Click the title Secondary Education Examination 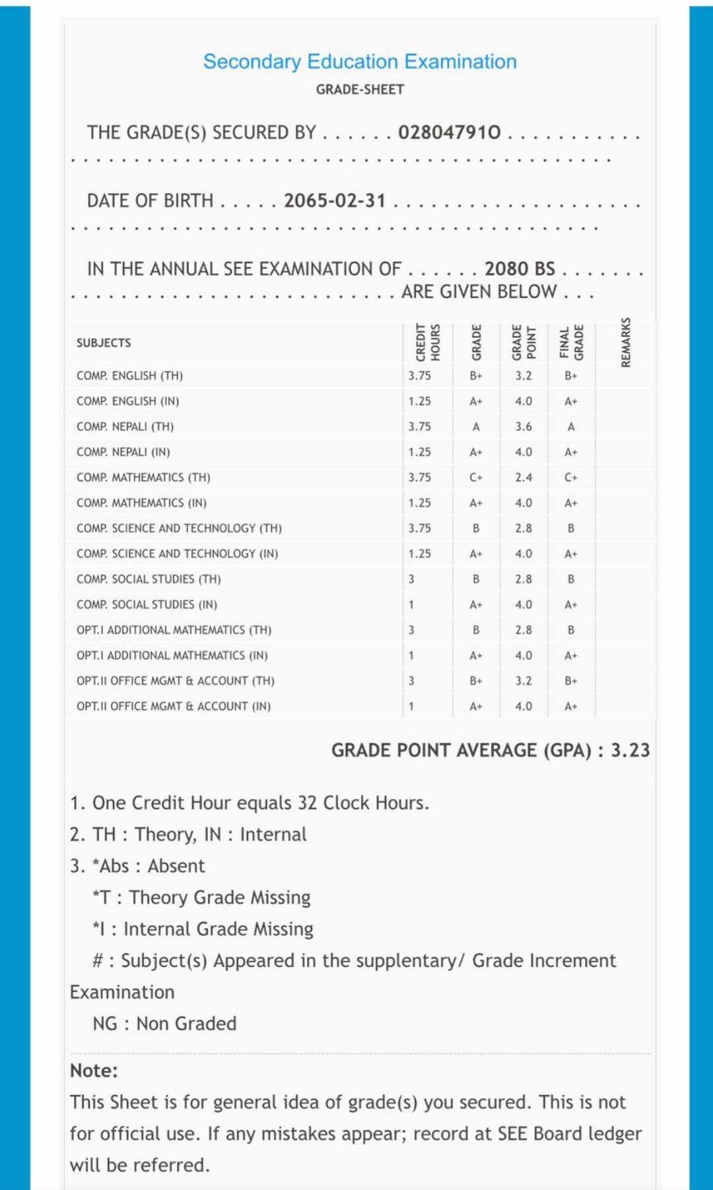tap(360, 61)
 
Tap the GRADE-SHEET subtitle tap(360, 89)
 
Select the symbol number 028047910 tap(450, 133)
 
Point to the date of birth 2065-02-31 tap(335, 201)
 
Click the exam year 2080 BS tap(520, 269)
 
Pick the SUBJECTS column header tap(104, 343)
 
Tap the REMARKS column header tap(626, 342)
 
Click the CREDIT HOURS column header tap(428, 342)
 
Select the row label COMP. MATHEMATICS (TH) tap(143, 478)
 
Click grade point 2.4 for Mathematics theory tap(524, 478)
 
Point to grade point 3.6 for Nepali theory tap(524, 427)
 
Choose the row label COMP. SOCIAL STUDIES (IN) tap(147, 605)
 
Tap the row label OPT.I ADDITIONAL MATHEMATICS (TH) tap(174, 630)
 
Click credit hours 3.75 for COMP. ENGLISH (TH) tap(419, 376)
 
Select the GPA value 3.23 tap(630, 751)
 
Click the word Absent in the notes tap(176, 866)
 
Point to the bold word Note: tap(94, 1071)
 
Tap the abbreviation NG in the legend tap(105, 1024)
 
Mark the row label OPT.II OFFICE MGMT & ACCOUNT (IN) tap(174, 706)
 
